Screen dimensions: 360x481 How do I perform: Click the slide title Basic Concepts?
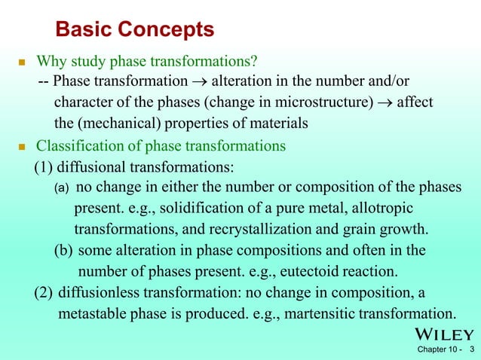tap(135, 29)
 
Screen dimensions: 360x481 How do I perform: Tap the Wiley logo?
tap(443, 334)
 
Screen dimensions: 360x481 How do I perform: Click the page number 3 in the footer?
tap(471, 350)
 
